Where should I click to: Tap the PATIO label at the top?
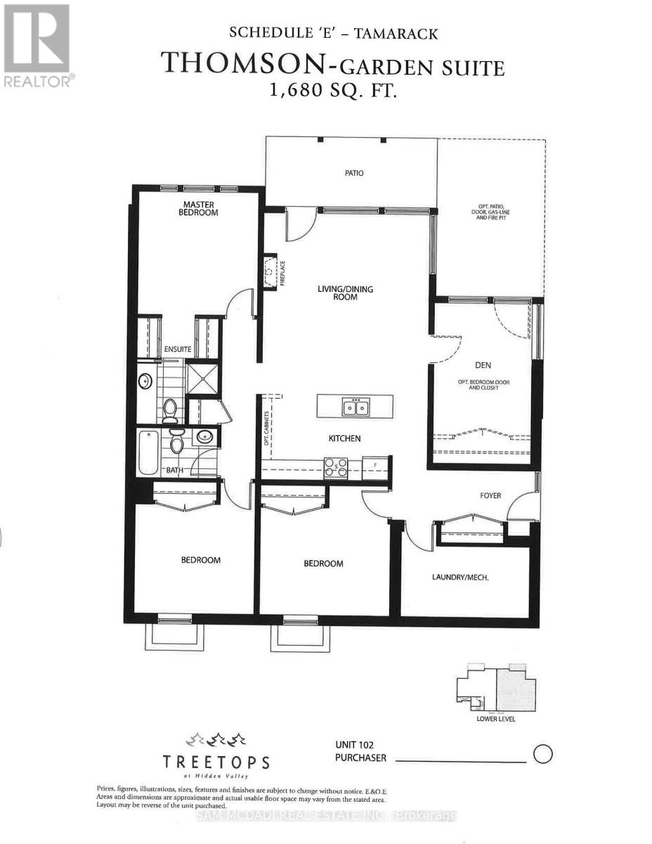[354, 173]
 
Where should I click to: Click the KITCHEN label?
[344, 438]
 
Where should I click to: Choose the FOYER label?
[490, 496]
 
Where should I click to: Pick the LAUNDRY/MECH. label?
[460, 577]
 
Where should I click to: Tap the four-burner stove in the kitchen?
[336, 468]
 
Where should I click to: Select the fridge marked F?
[376, 466]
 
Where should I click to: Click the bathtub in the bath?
[148, 452]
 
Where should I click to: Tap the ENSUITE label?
[178, 350]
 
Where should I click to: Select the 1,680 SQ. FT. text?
[332, 92]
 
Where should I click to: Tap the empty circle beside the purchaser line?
[544, 755]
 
